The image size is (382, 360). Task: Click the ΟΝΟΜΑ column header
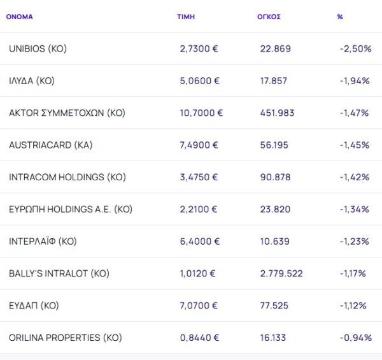pos(19,17)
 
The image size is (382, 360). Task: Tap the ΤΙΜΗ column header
pos(186,17)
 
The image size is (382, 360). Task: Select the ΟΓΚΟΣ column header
pos(264,17)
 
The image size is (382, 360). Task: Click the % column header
pos(340,17)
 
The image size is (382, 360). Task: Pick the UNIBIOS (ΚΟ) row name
pos(38,48)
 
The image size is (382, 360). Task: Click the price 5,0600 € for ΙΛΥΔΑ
pos(200,81)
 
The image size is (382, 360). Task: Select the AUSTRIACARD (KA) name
pos(51,145)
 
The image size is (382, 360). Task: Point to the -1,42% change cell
pos(355,177)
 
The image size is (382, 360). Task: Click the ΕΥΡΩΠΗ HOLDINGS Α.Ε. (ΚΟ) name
pos(71,209)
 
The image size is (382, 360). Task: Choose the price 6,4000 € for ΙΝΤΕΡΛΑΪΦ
pos(200,241)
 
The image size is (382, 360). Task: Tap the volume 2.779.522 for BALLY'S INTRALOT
pos(281,273)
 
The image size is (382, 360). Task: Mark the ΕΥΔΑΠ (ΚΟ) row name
pos(34,306)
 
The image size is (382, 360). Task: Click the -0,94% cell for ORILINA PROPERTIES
pos(355,338)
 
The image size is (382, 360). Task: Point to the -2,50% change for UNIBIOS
pos(356,48)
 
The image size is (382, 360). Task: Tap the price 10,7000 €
pos(202,113)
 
